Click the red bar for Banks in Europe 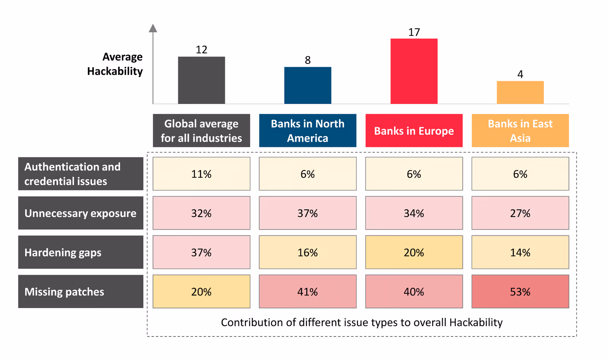(414, 71)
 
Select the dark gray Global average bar (201, 80)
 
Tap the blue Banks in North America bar (307, 85)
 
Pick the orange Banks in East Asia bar (520, 92)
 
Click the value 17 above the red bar (414, 32)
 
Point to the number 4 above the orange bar (520, 74)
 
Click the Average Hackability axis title (115, 64)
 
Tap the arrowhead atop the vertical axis (153, 28)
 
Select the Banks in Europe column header (414, 131)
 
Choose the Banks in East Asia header (520, 131)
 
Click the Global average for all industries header (201, 131)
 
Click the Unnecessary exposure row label (81, 213)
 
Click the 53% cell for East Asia (520, 292)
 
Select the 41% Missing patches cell (307, 292)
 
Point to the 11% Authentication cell (201, 174)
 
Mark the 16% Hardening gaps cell (307, 252)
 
